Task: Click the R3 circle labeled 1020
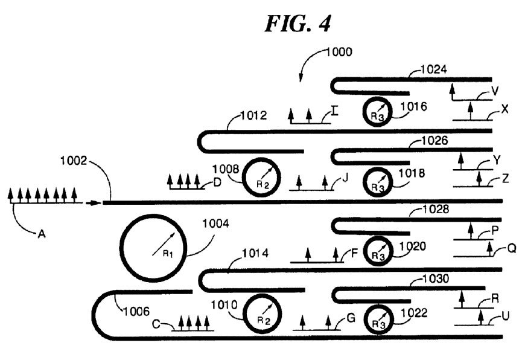pyautogui.click(x=378, y=250)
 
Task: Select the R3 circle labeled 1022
pyautogui.click(x=378, y=317)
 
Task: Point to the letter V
pyautogui.click(x=495, y=91)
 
